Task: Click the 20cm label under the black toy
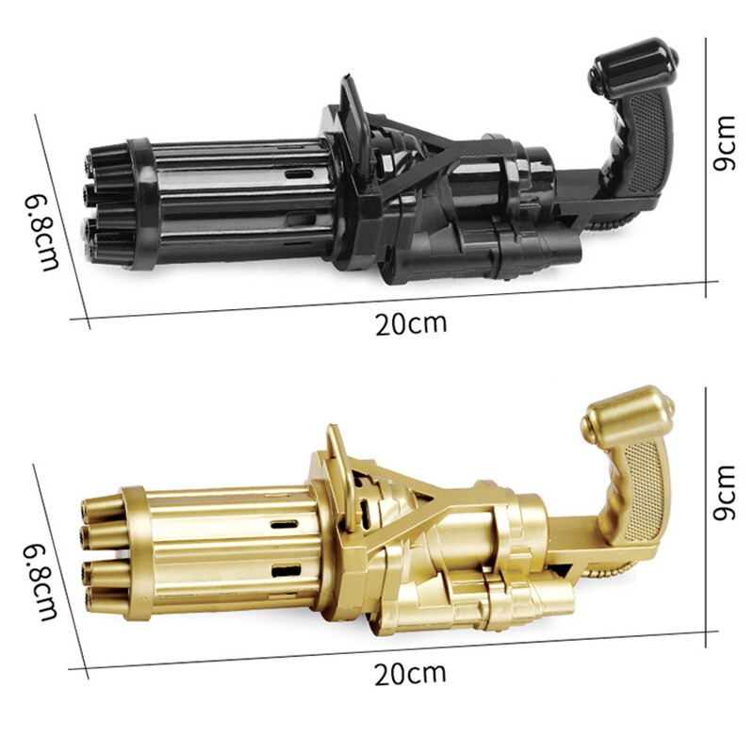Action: tap(411, 324)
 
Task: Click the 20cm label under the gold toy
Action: tap(410, 673)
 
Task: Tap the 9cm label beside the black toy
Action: tap(725, 143)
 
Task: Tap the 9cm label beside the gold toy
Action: tap(725, 492)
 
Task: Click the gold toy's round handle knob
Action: tap(627, 416)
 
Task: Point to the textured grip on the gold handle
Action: tap(644, 490)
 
